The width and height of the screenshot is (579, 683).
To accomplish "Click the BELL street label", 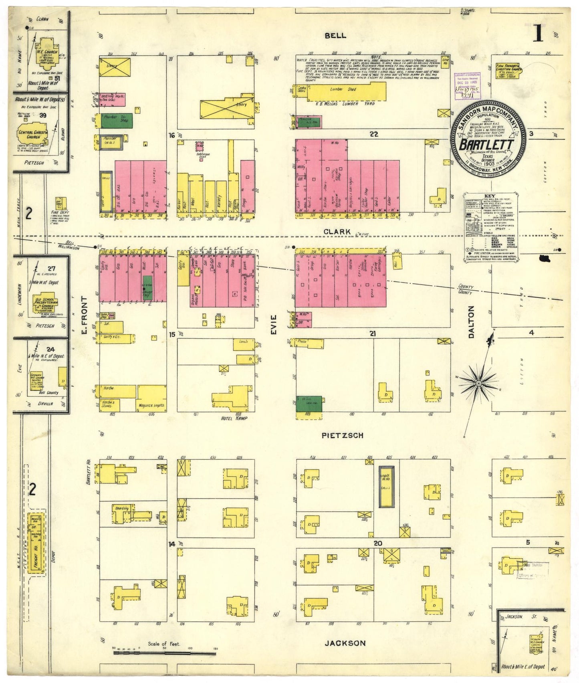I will [x=335, y=36].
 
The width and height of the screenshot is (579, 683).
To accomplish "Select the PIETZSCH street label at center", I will [x=343, y=435].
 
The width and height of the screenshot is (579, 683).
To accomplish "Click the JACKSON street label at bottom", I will [x=345, y=643].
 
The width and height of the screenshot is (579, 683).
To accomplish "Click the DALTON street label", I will [x=471, y=322].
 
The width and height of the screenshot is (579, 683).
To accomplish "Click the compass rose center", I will [x=478, y=384].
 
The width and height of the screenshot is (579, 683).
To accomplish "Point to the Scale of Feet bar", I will [x=164, y=653].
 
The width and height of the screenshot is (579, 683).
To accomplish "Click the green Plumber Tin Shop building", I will [x=117, y=120].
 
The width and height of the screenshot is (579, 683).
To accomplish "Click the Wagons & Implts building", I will [x=152, y=398].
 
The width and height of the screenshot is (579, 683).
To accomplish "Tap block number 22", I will [x=373, y=135].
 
